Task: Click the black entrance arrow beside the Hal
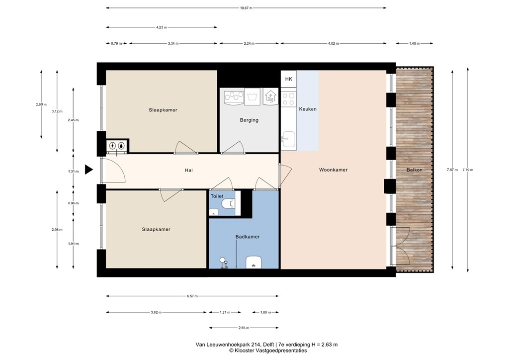click(x=88, y=170)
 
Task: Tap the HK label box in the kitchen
click(x=289, y=79)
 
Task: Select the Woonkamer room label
click(x=333, y=170)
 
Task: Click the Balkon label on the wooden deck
click(x=414, y=170)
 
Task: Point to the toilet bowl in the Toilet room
click(x=229, y=203)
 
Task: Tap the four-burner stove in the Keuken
click(x=288, y=99)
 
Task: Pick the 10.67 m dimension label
click(x=246, y=8)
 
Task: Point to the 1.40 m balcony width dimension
click(x=414, y=43)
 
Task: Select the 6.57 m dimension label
click(x=192, y=296)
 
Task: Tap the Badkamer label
click(x=248, y=237)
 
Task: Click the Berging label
click(x=249, y=120)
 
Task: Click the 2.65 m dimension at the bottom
click(x=244, y=328)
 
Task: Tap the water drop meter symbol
click(x=121, y=146)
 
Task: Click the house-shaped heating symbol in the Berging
click(x=270, y=97)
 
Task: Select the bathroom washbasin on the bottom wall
click(x=254, y=262)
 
